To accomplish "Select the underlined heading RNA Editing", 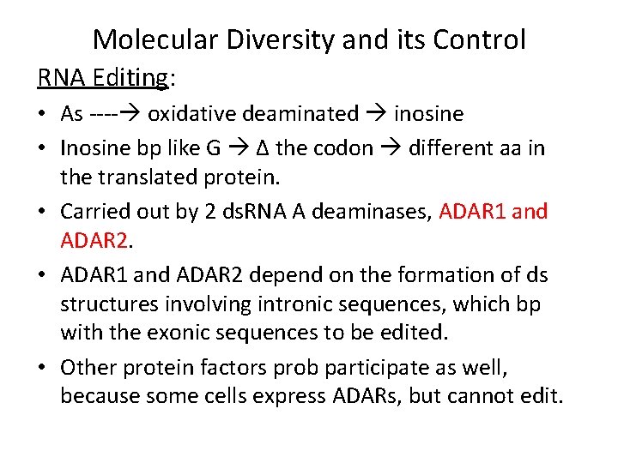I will point(104,78).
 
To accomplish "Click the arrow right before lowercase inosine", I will point(379,113).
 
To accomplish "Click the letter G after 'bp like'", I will point(214,148).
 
